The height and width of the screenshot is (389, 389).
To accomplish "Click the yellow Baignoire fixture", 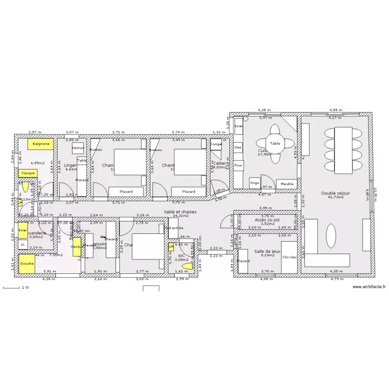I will pyautogui.click(x=40, y=144).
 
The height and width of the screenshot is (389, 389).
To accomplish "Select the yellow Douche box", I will pyautogui.click(x=27, y=263).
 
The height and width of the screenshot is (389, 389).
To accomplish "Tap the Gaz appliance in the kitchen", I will pyautogui.click(x=239, y=147).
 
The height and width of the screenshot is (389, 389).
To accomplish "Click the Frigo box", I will pyautogui.click(x=254, y=183).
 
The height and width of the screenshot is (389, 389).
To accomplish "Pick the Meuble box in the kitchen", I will pyautogui.click(x=286, y=184).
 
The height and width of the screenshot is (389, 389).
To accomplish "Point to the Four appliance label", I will pyautogui.click(x=239, y=166).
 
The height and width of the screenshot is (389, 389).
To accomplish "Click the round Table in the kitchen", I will pyautogui.click(x=274, y=144).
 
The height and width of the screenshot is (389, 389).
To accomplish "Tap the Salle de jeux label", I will pyautogui.click(x=267, y=251).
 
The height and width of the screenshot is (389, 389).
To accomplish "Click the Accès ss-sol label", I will pyautogui.click(x=267, y=220).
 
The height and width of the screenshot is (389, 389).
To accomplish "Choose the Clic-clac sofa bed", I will pyautogui.click(x=290, y=257).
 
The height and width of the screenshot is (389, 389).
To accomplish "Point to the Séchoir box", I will pyautogui.click(x=78, y=148).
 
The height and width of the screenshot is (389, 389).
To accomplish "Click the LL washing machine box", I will pyautogui.click(x=23, y=245).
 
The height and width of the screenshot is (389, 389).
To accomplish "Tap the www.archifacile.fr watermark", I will pyautogui.click(x=369, y=287).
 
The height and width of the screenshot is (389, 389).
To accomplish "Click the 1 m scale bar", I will pyautogui.click(x=12, y=287).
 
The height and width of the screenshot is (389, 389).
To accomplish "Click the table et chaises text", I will pyautogui.click(x=180, y=212).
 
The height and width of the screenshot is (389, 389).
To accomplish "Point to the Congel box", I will pyautogui.click(x=216, y=144).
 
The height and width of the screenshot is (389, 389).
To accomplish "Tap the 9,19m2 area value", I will pyautogui.click(x=267, y=255).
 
